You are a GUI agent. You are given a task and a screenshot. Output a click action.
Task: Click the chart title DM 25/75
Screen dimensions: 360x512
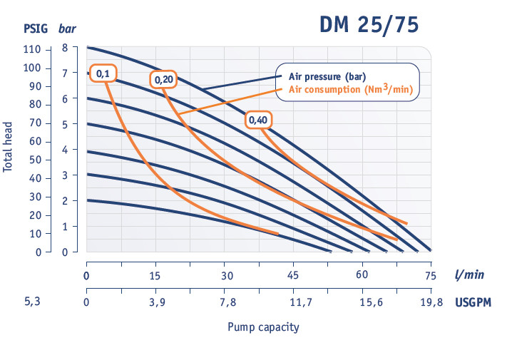click(368, 24)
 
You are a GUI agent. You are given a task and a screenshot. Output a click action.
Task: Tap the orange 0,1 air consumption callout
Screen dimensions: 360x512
click(103, 73)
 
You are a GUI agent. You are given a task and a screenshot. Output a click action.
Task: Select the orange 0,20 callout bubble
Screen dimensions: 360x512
click(163, 80)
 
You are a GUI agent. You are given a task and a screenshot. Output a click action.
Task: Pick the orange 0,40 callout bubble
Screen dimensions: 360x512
click(258, 120)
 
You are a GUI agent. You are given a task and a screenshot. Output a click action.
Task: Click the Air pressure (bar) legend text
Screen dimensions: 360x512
click(327, 76)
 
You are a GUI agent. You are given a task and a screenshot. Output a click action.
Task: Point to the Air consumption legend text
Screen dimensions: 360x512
click(351, 90)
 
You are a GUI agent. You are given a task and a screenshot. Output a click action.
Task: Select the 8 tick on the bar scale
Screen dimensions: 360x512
click(65, 48)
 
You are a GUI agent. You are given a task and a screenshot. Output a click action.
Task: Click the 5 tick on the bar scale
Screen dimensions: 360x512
click(65, 125)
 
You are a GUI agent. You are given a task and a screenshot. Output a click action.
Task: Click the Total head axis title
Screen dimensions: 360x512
click(9, 145)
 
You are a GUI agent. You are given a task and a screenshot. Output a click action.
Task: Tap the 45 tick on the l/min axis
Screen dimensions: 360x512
click(292, 276)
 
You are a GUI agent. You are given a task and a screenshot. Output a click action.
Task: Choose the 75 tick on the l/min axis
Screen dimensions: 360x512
click(430, 276)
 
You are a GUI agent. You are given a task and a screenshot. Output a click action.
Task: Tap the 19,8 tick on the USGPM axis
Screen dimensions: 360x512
click(431, 303)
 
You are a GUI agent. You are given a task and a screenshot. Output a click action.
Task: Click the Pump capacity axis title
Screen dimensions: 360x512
click(263, 327)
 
